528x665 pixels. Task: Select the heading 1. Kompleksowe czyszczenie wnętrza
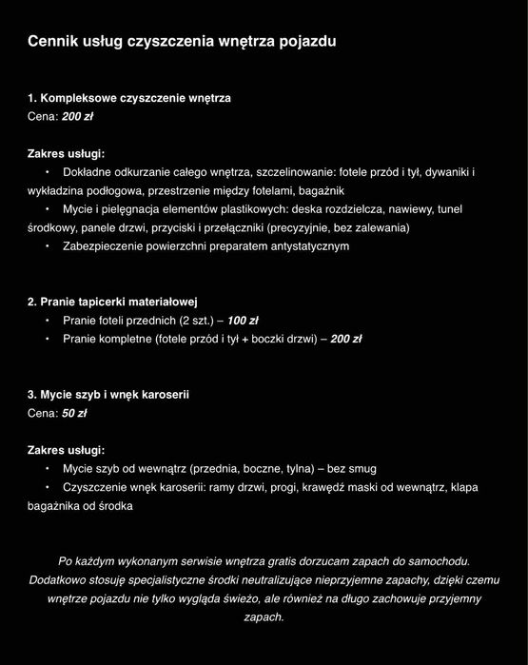point(128,98)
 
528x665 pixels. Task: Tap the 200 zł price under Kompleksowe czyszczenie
point(78,116)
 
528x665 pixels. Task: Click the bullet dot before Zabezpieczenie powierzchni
point(47,245)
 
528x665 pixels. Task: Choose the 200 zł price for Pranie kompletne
point(346,338)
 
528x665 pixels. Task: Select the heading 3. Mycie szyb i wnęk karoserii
point(108,394)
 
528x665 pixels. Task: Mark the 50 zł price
point(74,413)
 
